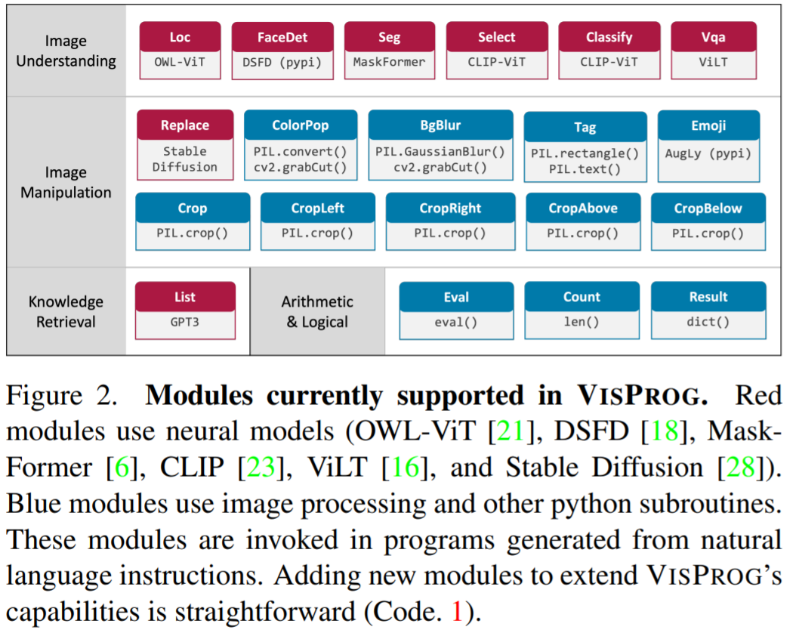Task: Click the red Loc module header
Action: (x=180, y=37)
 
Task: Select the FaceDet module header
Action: (x=282, y=37)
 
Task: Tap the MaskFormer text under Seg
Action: (x=390, y=62)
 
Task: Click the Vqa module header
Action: (x=714, y=37)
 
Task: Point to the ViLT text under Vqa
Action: (x=714, y=62)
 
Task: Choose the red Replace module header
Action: (x=185, y=125)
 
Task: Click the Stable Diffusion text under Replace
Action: (x=185, y=159)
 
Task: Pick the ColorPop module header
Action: (x=301, y=125)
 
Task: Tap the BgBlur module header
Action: (x=440, y=125)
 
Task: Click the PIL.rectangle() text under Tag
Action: (x=585, y=153)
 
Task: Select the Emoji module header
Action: (x=709, y=125)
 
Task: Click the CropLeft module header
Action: (x=318, y=208)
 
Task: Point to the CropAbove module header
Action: (x=583, y=208)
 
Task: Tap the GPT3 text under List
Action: (x=185, y=322)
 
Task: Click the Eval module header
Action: (x=456, y=297)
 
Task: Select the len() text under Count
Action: (x=582, y=322)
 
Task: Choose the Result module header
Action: (x=708, y=297)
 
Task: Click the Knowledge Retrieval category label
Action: (x=66, y=311)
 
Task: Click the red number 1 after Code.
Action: (x=458, y=612)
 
